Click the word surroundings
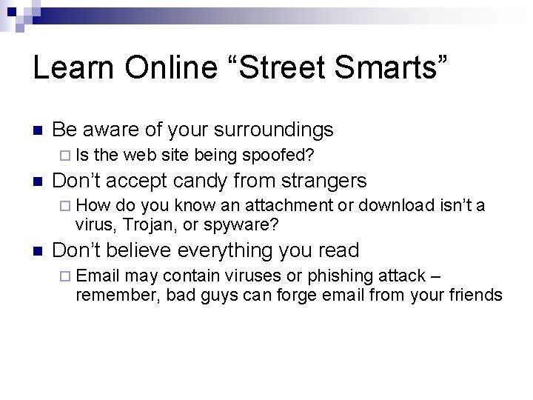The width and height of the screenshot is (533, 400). [x=273, y=130]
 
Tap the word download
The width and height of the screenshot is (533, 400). [x=395, y=205]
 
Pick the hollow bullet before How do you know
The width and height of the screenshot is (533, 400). [x=64, y=205]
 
